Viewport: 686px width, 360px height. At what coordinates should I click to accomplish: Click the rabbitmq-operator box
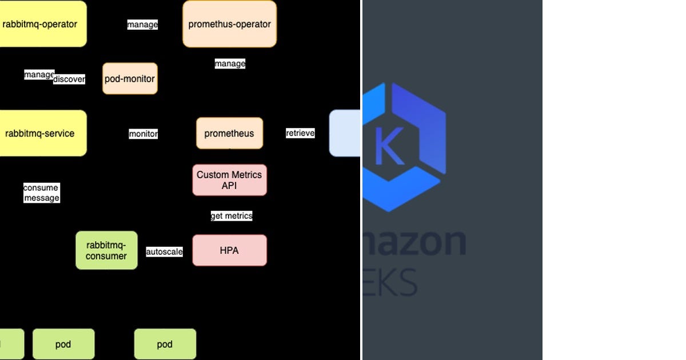tap(41, 24)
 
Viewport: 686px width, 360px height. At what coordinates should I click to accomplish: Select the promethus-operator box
tap(229, 24)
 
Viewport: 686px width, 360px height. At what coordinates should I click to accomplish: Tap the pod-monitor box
tap(130, 79)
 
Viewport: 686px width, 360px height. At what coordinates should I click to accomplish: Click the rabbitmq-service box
tap(41, 133)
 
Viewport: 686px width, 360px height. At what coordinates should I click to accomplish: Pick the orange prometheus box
tap(229, 133)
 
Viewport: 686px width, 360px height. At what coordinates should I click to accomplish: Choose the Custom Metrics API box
tap(229, 180)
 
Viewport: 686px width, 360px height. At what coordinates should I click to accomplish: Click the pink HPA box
tap(229, 250)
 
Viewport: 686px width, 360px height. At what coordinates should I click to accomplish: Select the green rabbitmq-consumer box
tap(106, 250)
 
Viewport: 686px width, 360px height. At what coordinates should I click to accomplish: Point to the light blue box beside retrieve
tap(345, 133)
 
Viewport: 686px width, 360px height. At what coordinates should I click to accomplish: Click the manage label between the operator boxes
tap(142, 25)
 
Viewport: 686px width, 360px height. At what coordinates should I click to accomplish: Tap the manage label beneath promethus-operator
tap(230, 63)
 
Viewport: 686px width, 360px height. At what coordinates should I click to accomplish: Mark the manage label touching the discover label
tap(38, 74)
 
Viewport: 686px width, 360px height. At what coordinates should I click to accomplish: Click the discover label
tap(69, 79)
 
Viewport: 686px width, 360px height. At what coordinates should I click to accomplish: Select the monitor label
tap(143, 134)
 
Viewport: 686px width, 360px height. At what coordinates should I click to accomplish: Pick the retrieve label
tap(300, 133)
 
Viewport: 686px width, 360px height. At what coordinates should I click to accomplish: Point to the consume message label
tap(41, 193)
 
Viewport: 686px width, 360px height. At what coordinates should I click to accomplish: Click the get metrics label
tap(232, 215)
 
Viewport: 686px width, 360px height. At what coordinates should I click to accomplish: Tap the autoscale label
tap(164, 251)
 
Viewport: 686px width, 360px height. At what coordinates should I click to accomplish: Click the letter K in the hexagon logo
tap(389, 146)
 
